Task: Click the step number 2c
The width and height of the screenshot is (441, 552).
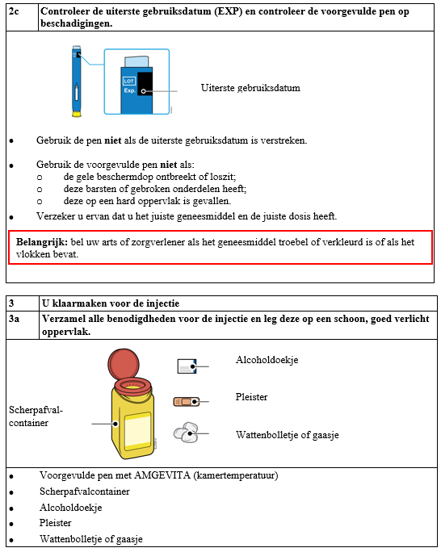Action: (14, 11)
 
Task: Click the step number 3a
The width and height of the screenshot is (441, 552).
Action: (14, 319)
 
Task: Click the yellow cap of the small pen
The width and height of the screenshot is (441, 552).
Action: (77, 114)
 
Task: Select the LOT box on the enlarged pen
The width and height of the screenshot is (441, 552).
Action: (129, 81)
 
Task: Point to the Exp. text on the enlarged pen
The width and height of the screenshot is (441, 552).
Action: (129, 90)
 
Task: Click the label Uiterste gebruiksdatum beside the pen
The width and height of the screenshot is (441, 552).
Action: (250, 88)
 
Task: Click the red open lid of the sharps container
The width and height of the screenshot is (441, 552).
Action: (124, 364)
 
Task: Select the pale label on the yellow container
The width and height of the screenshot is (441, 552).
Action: (138, 430)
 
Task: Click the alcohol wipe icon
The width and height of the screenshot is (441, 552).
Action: (187, 366)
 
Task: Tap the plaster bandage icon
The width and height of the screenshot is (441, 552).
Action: (187, 401)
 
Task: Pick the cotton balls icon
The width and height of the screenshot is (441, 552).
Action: (186, 432)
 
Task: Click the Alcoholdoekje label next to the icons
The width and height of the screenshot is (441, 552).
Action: (267, 360)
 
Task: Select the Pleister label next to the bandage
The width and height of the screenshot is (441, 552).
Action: (251, 397)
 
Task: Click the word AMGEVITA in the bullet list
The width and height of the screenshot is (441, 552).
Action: (162, 475)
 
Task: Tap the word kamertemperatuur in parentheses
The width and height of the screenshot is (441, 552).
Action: (236, 475)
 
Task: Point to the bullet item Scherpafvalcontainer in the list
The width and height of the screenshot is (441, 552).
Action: (85, 491)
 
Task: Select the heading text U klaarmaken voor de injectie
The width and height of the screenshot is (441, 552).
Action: (111, 303)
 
